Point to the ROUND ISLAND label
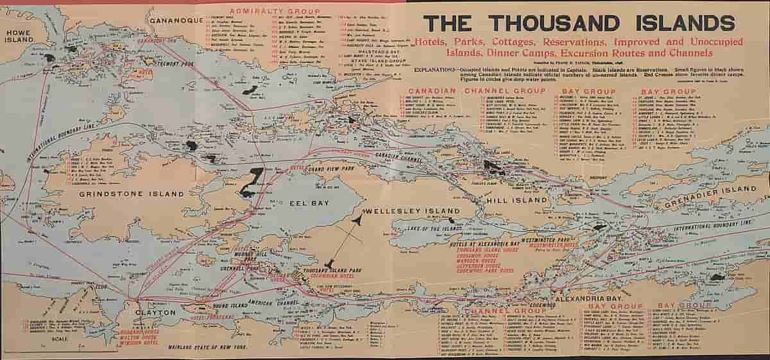(221, 305)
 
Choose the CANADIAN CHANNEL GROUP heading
(476, 91)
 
